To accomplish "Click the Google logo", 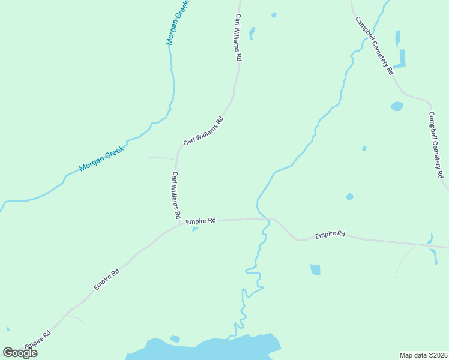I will point(20,353).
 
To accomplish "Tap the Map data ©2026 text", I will point(423,355).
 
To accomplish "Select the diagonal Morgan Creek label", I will point(101,160).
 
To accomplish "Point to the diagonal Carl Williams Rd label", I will point(203,131).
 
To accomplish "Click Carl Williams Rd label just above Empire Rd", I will point(176,194).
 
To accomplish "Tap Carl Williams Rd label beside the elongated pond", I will point(238,38).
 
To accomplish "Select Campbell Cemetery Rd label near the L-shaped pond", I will point(374,45).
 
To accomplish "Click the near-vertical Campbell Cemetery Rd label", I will point(436,145).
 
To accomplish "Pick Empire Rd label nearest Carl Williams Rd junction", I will point(200,221).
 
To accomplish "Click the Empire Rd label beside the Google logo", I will point(38,340).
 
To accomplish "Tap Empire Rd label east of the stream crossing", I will point(330,234).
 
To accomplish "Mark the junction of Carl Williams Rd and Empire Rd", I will point(180,225).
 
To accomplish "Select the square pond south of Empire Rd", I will point(315,269).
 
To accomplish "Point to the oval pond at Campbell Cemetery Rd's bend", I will point(397,107).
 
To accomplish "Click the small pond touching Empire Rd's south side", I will point(194,229).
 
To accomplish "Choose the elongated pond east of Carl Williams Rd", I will point(252,33).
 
